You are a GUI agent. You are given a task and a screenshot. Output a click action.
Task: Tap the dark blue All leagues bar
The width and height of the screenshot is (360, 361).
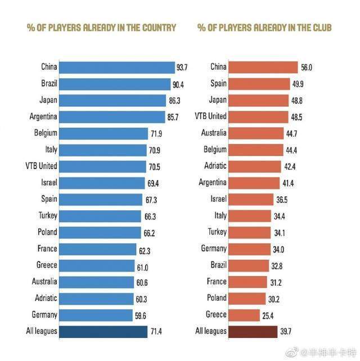click(x=103, y=331)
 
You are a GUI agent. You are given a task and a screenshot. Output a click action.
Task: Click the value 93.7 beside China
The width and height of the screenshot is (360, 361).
click(x=182, y=67)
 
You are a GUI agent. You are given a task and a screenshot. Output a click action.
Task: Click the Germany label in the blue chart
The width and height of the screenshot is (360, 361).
click(x=44, y=314)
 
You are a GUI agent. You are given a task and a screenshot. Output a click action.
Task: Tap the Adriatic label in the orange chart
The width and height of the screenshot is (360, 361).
click(x=214, y=166)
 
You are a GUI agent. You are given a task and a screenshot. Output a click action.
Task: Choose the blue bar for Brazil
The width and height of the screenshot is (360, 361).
click(x=114, y=84)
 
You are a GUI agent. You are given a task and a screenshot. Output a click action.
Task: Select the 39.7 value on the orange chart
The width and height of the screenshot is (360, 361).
click(x=287, y=331)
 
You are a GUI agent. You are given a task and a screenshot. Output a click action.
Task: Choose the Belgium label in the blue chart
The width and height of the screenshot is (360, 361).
click(x=45, y=133)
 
